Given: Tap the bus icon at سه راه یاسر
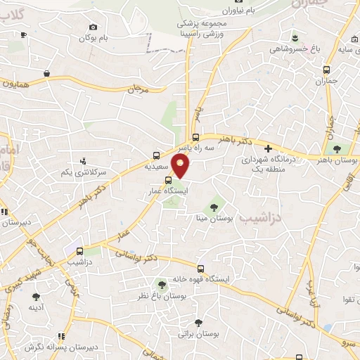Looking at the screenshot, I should point(195,137).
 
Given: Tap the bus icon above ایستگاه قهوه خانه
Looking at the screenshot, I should point(201,268).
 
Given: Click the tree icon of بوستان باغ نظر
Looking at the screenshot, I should point(162,284).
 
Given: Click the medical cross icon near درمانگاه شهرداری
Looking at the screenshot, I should point(268,148).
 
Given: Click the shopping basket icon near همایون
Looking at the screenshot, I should point(47,73).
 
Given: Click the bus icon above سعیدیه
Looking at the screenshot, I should point(156,157).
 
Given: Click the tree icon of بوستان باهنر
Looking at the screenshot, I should point(337,149).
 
